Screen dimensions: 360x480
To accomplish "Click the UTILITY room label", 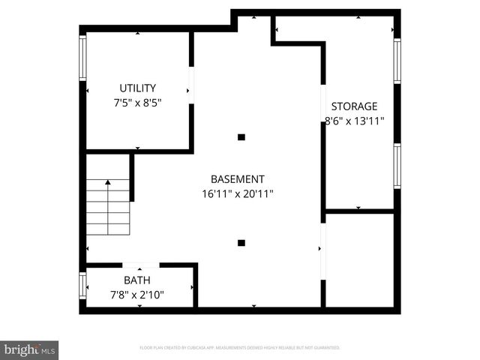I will pos(137,88).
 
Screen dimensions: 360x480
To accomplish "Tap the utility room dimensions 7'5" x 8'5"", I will pos(137,103).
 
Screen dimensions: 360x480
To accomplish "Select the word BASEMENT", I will pos(237,179).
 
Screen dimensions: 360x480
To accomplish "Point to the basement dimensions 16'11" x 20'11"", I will pos(237,194).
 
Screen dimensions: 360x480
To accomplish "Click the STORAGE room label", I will pos(354,106).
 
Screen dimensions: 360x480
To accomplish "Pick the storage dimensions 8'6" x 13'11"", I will pos(354,121).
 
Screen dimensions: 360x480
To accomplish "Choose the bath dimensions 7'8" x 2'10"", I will pos(136,295).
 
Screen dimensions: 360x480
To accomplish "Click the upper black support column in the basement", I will pos(241,137).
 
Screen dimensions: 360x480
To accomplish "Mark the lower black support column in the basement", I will pos(241,242).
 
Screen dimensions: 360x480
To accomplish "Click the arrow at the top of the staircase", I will pos(108,181).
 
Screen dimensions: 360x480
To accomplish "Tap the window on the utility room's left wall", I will pos(83,57).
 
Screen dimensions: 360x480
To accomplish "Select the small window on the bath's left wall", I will pos(82,286).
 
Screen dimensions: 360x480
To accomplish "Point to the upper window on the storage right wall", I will pos(397,61).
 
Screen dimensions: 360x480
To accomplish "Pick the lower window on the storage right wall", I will pos(397,165).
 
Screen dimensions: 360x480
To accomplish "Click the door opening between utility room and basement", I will pos(191,85).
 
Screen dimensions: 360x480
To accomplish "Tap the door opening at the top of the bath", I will pos(141,265).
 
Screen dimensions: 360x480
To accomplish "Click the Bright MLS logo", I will pos(29,350).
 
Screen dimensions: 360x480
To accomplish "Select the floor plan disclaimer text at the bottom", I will pos(240,348).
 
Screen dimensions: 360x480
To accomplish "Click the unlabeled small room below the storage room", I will pos(359,259).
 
